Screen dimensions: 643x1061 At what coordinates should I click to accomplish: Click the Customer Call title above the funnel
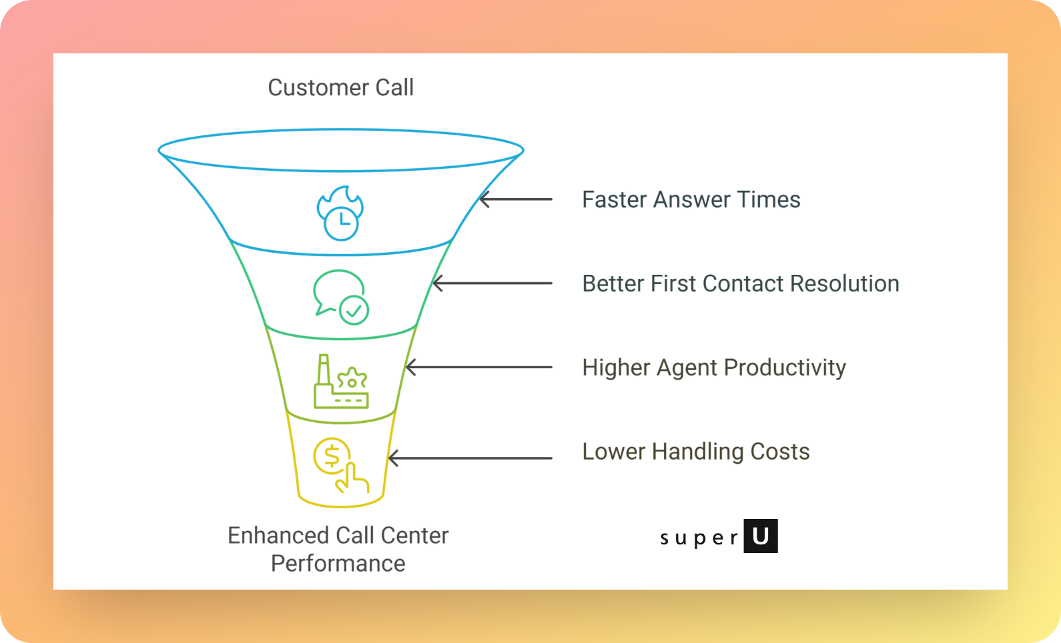340,87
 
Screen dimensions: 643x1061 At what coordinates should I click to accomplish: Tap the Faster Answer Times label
691,199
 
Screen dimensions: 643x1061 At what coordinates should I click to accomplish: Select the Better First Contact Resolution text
740,283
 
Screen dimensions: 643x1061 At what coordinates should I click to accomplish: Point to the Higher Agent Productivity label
713,368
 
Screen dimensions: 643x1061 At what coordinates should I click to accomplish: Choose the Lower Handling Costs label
695,452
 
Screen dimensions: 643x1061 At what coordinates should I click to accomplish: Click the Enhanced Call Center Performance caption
338,549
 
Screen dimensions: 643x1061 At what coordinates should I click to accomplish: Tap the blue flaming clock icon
340,213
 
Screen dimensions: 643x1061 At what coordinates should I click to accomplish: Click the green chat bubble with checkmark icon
340,297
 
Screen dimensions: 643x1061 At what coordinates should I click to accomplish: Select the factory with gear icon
341,382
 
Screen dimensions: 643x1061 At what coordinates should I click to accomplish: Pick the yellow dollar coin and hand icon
340,466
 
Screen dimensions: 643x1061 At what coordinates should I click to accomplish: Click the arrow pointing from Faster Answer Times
515,199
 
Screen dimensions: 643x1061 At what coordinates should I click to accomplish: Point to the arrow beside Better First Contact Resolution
492,283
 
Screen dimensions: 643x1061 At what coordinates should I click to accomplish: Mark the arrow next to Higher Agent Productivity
478,368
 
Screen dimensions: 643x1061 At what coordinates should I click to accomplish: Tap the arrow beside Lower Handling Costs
470,458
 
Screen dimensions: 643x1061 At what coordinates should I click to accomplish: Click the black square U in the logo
761,536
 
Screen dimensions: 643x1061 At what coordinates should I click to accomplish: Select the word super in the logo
699,538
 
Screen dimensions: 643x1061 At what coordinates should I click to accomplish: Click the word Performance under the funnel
338,564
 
